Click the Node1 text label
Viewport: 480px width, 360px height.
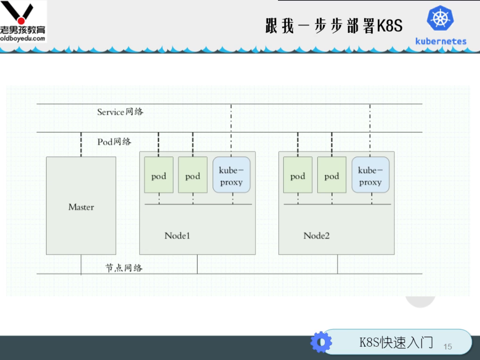177,235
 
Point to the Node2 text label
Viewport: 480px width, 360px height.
316,235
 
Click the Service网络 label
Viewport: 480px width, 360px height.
120,112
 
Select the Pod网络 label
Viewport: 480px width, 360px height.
114,142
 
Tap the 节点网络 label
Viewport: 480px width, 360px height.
124,268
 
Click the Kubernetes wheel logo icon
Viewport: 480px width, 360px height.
440,18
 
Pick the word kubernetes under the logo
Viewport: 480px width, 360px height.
441,41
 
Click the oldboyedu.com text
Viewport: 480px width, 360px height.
23,38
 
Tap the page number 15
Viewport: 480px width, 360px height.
448,346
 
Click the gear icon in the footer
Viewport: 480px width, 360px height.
321,342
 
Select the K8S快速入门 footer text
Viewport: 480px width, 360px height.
396,342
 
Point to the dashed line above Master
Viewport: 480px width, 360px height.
81,144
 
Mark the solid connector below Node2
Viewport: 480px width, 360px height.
337,264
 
